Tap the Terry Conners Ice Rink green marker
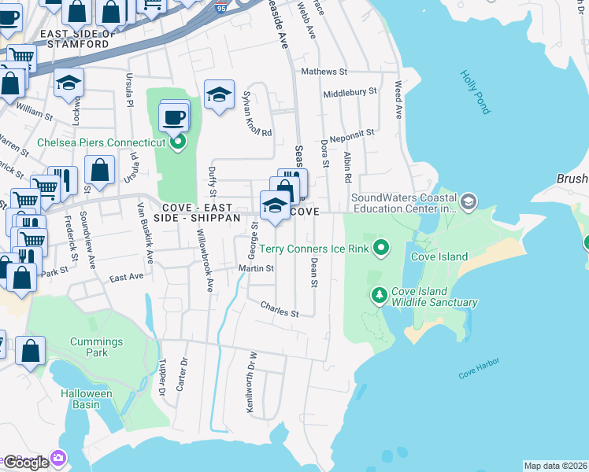pos(382,249)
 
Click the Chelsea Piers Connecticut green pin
pos(178,142)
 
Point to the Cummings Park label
pos(96,348)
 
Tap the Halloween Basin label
pos(87,399)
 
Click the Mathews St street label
pos(324,72)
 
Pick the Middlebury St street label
pos(350,93)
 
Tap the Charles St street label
pos(280,312)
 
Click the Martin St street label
pos(256,269)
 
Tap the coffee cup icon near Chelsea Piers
pos(173,118)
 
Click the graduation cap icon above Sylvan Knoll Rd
pos(219,96)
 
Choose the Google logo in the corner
pos(26,462)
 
